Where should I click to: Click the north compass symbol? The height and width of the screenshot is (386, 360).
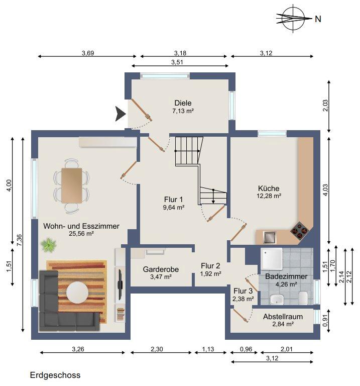293,19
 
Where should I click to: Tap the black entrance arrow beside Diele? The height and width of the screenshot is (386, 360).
121,114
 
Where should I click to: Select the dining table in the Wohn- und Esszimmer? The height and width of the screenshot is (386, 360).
72,185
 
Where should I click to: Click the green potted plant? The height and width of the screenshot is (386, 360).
49,245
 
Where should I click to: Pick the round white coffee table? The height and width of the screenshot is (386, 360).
77,293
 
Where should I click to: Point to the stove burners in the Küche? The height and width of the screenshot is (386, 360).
300,231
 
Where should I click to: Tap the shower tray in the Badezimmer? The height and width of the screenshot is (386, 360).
272,258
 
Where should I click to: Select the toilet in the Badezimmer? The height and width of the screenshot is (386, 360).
303,298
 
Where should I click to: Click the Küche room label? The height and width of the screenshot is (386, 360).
269,188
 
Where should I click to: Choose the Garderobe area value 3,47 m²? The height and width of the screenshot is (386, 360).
161,277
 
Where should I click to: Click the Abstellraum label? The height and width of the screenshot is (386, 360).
283,317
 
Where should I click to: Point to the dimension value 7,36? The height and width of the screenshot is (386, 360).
19,240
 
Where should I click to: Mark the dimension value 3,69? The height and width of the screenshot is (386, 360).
88,53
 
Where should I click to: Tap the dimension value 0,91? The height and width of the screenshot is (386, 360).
325,321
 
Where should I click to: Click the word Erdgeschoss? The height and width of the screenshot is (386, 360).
55,375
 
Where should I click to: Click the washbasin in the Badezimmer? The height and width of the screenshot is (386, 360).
277,299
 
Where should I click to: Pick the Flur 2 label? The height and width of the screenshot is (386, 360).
210,266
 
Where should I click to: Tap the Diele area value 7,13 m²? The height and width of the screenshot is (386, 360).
183,111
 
